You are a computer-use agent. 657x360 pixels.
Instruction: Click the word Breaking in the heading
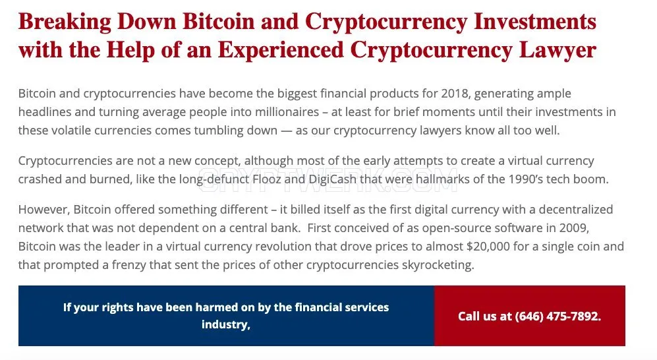point(65,22)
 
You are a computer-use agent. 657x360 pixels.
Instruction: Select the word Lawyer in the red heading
point(557,51)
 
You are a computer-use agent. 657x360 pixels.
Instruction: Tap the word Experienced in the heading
point(281,51)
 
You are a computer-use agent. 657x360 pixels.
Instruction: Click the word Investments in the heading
point(535,21)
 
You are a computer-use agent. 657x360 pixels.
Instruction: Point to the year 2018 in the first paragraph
point(454,94)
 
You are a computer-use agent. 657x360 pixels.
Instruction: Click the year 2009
point(574,228)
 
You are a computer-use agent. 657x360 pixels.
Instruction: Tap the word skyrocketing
point(438,265)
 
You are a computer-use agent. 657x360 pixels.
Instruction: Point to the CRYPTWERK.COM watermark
point(328,180)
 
